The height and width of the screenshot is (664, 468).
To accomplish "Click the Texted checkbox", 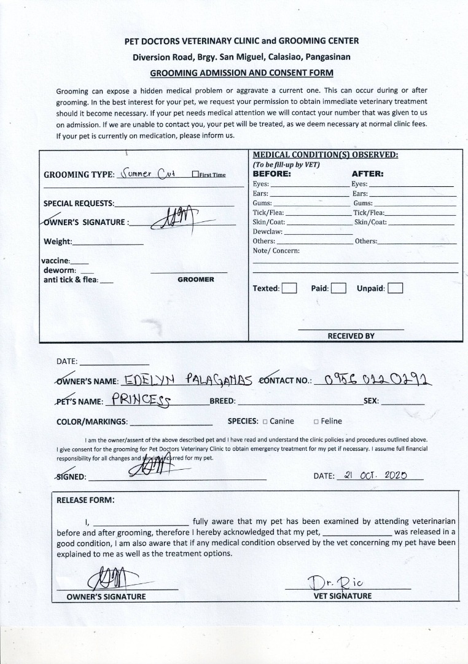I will click(x=289, y=288).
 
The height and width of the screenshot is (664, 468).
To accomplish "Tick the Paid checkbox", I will click(x=338, y=288).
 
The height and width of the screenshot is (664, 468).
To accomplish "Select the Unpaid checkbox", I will click(x=396, y=288).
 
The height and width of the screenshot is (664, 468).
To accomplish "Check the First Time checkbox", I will click(x=195, y=175).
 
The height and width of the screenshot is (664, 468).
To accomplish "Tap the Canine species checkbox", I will click(x=265, y=422).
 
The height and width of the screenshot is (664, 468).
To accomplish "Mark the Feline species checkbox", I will click(x=316, y=422).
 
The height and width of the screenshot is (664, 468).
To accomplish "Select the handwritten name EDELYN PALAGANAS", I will click(x=188, y=381).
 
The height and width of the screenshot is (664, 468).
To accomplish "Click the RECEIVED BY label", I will click(x=351, y=336).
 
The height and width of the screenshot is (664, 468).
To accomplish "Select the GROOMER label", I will click(x=196, y=280).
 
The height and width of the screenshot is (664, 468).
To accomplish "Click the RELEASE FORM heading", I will click(x=85, y=500).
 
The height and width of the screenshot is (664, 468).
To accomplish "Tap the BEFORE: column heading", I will click(x=272, y=174).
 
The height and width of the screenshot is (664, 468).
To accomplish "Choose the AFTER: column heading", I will click(x=367, y=174).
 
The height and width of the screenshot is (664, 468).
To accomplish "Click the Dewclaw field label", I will click(x=267, y=232).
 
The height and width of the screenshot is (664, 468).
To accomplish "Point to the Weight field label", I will click(x=58, y=242).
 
